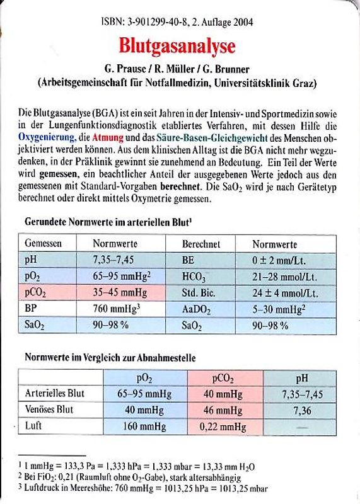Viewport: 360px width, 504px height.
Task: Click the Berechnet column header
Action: (201, 243)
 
